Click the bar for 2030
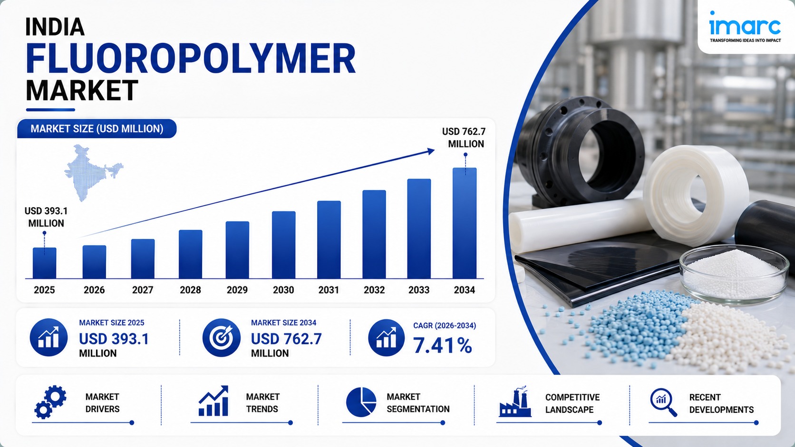pos(283,245)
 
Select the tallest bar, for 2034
pos(465,223)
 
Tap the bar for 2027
pos(143,259)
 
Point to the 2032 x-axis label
pos(374,290)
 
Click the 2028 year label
pos(190,290)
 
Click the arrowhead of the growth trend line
pos(430,152)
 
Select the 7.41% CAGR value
pos(443,346)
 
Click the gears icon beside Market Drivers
pos(50,402)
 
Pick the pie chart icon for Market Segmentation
pos(361,402)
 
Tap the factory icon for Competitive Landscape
pos(515,402)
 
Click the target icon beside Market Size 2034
pos(221,337)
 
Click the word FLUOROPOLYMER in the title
pos(191,58)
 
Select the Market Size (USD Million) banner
pos(97,129)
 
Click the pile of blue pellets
pos(635,328)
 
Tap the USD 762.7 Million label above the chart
pos(464,138)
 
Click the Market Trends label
pos(262,403)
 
